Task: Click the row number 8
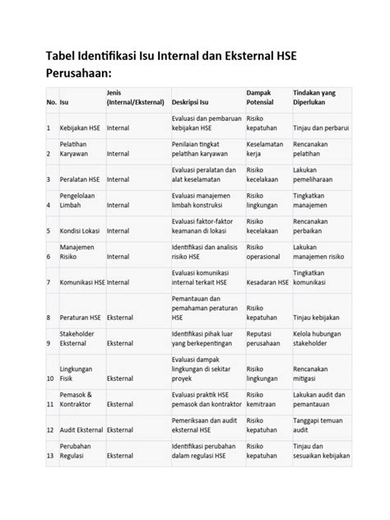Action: coord(49,317)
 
